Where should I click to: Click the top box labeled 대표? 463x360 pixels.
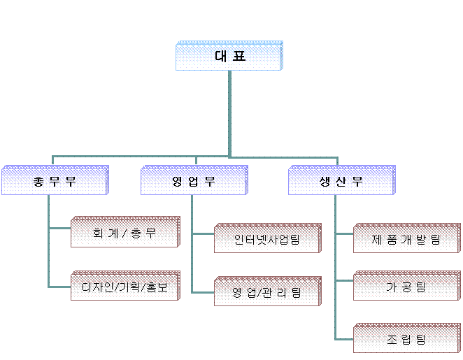(x=229, y=57)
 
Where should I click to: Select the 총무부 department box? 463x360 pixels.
(x=55, y=181)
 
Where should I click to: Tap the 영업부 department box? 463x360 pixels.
(x=194, y=181)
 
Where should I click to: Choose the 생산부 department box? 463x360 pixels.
(x=341, y=181)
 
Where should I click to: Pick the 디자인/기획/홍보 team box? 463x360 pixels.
(x=124, y=287)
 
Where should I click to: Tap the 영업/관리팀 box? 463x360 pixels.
(x=266, y=292)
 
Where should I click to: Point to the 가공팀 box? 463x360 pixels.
(x=406, y=287)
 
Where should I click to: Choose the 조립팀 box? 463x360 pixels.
(x=406, y=340)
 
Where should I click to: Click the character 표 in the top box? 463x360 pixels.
(x=239, y=57)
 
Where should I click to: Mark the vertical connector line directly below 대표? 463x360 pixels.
(x=229, y=112)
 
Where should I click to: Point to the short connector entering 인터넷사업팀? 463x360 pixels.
(x=203, y=233)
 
